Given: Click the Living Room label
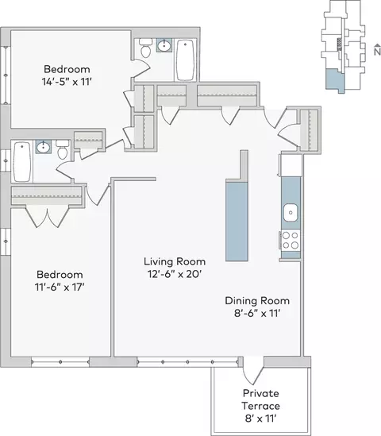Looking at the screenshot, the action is coord(175,261).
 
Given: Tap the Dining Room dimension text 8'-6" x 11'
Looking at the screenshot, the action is coord(257,314).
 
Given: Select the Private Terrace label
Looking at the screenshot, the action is coord(260,399).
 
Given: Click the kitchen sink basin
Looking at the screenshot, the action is coord(291,213).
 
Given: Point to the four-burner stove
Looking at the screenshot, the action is coord(291,241).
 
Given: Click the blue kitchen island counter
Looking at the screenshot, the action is coord(237,221).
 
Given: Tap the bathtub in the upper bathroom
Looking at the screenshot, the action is coord(185,60).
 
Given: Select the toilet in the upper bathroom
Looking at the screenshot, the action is coord(145,48).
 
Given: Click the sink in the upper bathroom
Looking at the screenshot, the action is coord(164,45).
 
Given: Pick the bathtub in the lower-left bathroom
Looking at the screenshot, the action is coord(22,161).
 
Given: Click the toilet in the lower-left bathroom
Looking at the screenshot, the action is coord(62,149).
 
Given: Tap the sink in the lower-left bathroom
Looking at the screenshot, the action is coord(44,147).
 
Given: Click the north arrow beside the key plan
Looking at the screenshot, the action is coord(377,49).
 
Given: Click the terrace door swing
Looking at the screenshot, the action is coord(253,376).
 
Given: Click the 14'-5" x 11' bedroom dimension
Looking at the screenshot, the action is coord(67,82).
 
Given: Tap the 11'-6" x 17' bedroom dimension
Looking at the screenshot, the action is coord(60,287).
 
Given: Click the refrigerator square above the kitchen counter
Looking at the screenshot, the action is coord(291,165).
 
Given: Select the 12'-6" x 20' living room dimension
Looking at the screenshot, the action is coord(175,275).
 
